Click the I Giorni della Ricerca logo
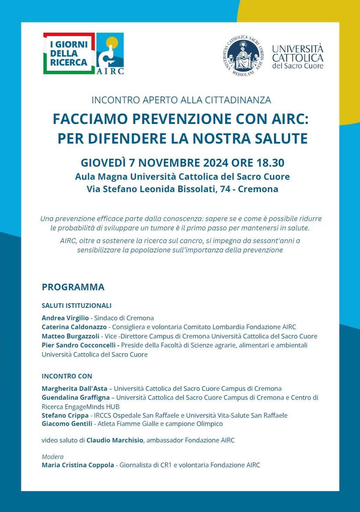(69, 53)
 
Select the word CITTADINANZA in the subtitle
(238, 100)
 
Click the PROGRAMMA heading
(73, 287)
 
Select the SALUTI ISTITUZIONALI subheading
(76, 306)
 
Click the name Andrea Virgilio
(65, 318)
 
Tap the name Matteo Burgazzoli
(70, 336)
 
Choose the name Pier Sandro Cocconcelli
(81, 345)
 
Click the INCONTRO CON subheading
(67, 376)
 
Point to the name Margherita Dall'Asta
(74, 388)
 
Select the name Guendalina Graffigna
(76, 398)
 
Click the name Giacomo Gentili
(67, 424)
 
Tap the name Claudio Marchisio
(115, 440)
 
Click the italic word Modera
(53, 457)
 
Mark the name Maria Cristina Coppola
(78, 465)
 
